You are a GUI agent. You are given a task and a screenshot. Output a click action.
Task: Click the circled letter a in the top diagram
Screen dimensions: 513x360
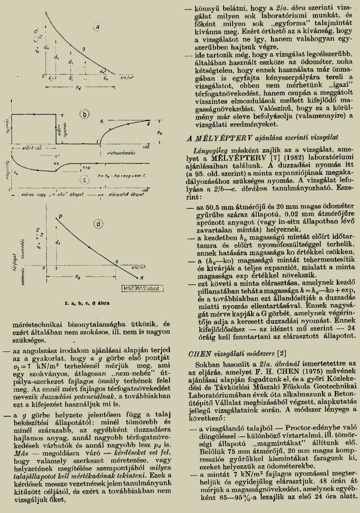[x=98, y=27]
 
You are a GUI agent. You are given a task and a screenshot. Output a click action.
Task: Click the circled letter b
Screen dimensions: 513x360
[x=85, y=114]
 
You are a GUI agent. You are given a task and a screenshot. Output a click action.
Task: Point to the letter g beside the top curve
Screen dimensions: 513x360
[x=83, y=48]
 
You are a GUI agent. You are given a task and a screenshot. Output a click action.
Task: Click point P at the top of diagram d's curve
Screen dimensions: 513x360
[x=61, y=216]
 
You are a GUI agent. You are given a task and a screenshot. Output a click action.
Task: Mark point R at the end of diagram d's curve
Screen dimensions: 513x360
[x=141, y=278]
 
